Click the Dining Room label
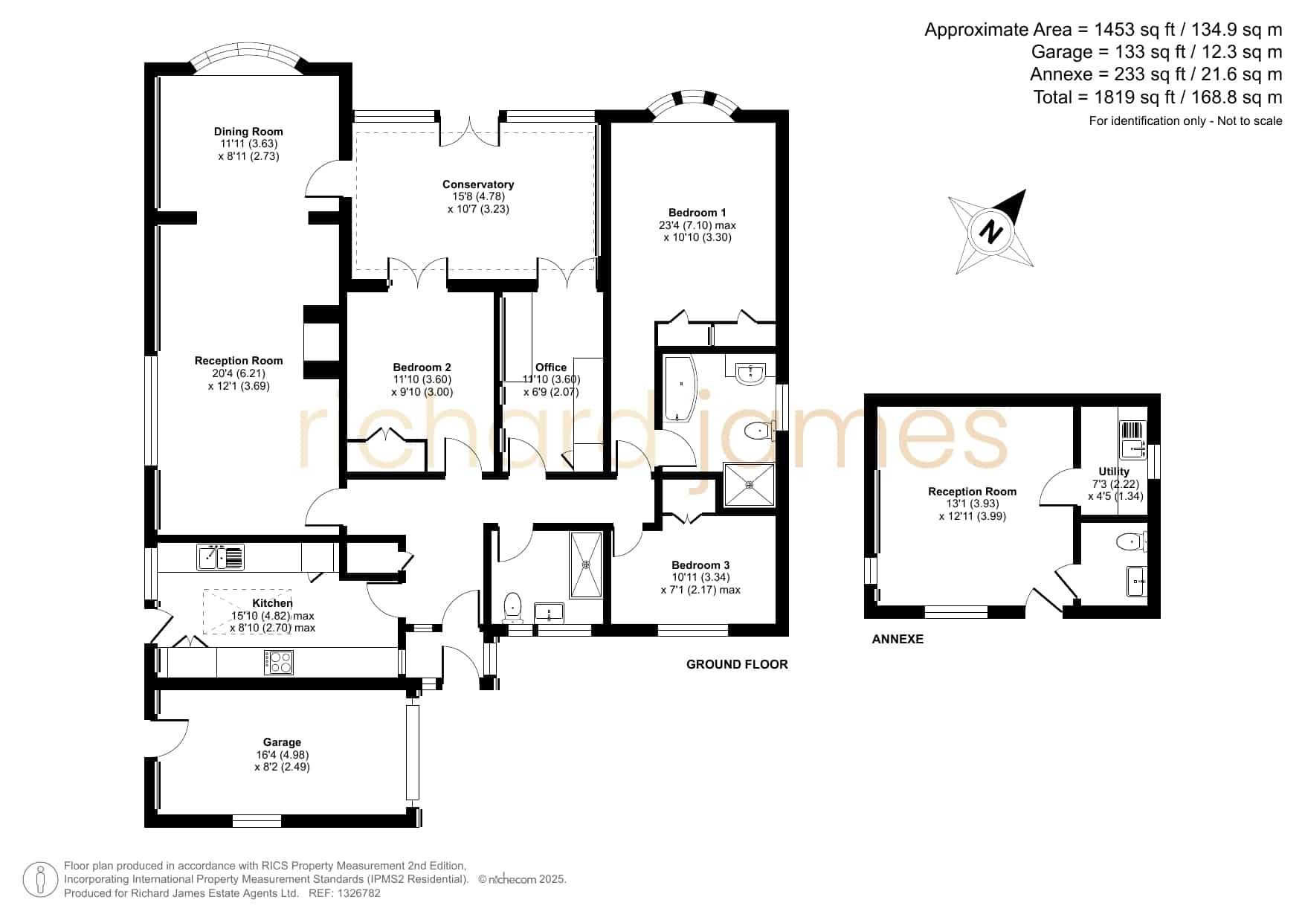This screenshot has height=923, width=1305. click(248, 132)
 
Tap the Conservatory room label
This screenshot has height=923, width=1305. click(478, 184)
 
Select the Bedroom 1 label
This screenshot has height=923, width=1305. click(697, 213)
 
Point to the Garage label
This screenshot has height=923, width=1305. click(282, 742)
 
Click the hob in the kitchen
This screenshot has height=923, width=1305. click(279, 662)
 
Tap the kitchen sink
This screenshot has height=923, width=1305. click(220, 557)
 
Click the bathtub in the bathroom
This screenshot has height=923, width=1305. click(678, 387)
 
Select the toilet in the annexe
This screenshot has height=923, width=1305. click(1130, 542)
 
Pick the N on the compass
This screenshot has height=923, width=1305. click(990, 231)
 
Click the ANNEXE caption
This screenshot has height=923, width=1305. click(898, 639)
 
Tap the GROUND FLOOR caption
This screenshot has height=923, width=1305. click(737, 664)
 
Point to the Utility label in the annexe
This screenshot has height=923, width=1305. click(1114, 472)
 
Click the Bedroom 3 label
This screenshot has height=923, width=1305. click(700, 565)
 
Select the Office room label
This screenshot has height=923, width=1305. click(551, 367)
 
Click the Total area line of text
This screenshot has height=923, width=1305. click(1158, 97)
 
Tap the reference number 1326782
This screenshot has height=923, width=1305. click(360, 893)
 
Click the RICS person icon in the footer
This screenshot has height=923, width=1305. click(41, 880)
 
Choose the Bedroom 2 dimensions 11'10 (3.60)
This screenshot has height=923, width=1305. click(422, 379)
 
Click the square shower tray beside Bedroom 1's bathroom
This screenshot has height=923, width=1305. click(750, 485)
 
